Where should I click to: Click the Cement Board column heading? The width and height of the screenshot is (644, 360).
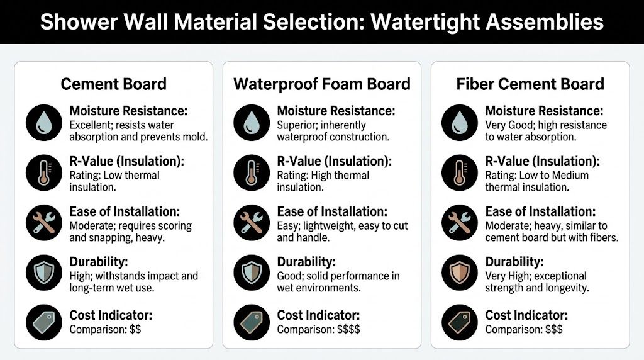click(113, 84)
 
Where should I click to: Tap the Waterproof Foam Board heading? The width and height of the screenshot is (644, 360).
click(321, 84)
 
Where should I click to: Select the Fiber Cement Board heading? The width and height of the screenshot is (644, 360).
click(530, 84)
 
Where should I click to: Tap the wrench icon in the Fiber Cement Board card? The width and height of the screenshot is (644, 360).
click(460, 223)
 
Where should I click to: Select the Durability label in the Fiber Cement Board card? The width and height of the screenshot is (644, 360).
click(514, 261)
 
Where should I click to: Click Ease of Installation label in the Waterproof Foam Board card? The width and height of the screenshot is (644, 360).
click(332, 211)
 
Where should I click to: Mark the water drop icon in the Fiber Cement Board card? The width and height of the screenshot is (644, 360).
click(460, 123)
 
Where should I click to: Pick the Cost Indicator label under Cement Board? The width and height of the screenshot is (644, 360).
click(111, 315)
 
